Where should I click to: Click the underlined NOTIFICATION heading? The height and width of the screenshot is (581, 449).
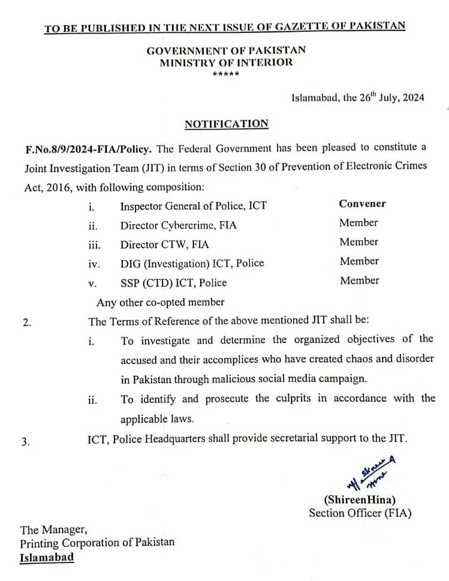226,124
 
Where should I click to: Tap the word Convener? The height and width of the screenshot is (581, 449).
362,203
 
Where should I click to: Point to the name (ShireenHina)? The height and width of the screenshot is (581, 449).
360,499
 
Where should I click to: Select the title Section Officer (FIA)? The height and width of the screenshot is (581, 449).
360,513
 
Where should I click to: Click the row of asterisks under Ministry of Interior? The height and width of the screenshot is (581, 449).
226,74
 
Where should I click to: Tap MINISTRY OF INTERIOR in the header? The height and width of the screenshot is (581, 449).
226,63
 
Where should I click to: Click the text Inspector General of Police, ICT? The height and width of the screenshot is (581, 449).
193,206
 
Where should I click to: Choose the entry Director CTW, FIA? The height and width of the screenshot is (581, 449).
165,245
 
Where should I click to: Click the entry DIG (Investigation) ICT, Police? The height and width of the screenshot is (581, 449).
192,263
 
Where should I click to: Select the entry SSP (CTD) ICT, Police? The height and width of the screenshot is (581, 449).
173,282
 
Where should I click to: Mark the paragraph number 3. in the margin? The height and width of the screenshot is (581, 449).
26,442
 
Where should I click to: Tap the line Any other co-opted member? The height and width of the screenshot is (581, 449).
160,302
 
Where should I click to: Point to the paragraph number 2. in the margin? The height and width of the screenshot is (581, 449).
26,323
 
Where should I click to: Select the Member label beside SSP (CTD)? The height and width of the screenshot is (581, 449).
360,280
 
